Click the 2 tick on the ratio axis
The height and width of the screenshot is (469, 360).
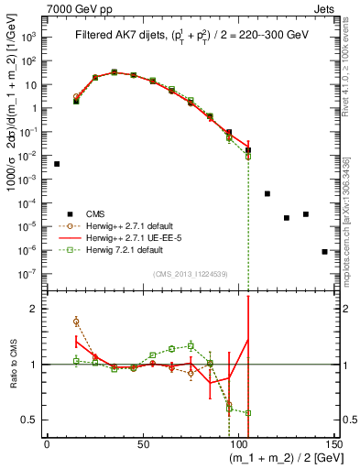click(37, 309)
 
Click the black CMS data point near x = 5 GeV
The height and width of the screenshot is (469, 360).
click(57, 164)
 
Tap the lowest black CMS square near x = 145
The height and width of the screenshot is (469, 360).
click(324, 251)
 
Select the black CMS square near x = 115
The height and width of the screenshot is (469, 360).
click(267, 193)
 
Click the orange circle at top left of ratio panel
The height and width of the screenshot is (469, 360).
click(76, 322)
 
